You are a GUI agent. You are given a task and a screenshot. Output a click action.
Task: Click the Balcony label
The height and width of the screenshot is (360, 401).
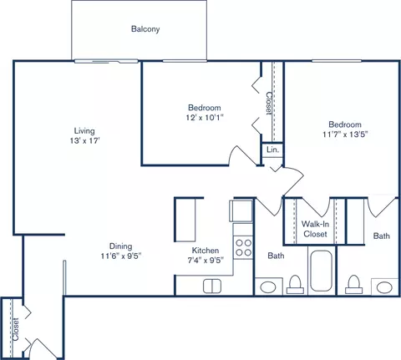click(145, 29)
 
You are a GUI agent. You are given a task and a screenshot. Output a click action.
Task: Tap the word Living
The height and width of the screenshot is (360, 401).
click(84, 130)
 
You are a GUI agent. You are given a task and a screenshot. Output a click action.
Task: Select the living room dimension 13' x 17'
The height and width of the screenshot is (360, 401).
click(84, 142)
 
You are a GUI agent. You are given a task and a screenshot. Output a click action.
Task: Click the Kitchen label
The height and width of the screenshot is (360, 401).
click(205, 250)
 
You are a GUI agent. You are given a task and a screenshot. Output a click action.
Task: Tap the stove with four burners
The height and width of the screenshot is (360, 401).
click(243, 246)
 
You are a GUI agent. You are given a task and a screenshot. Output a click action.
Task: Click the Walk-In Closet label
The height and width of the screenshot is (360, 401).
click(314, 230)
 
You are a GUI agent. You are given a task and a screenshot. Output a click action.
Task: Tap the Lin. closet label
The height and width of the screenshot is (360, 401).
click(272, 150)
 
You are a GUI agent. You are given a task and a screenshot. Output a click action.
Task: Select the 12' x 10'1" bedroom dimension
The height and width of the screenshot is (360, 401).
click(204, 119)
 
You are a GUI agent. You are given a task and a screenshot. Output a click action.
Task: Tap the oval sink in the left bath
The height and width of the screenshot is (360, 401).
click(268, 287)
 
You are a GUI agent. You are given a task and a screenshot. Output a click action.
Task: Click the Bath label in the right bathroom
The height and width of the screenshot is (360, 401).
click(381, 236)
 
